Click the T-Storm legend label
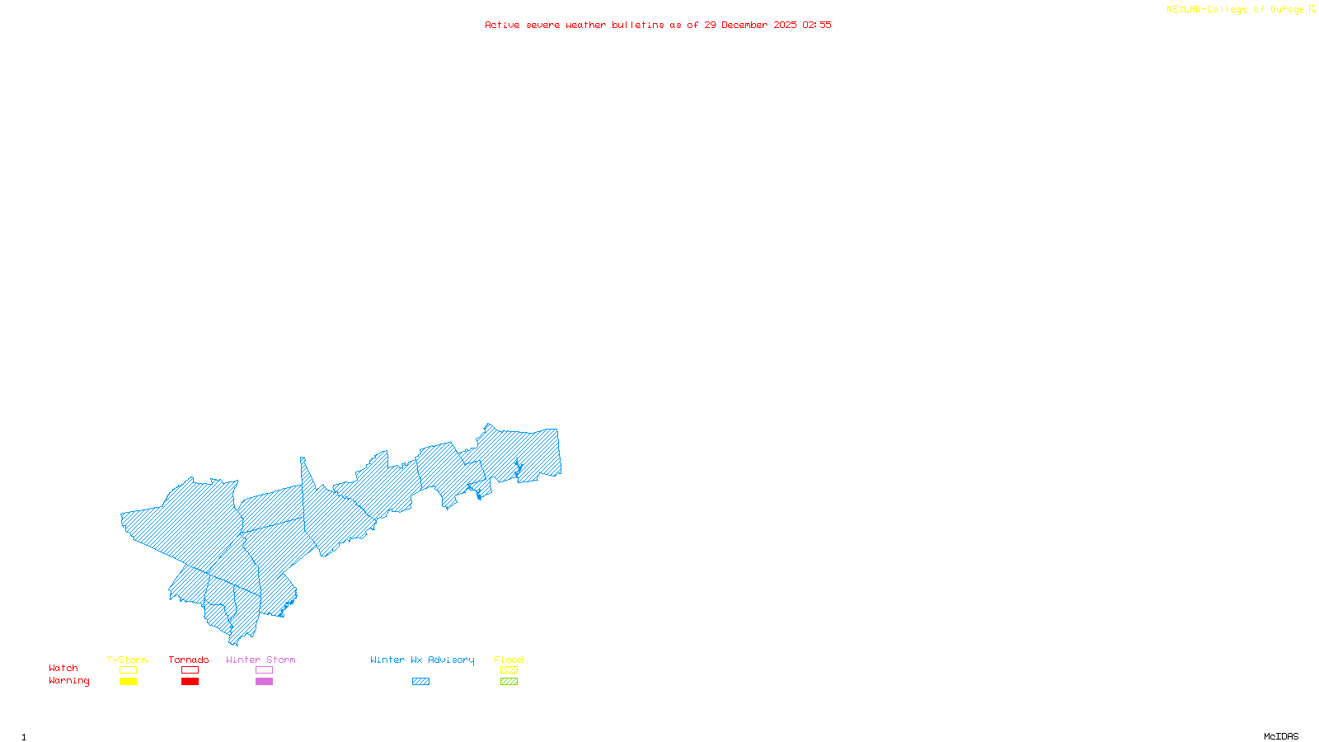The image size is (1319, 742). [127, 660]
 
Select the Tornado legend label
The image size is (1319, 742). [189, 660]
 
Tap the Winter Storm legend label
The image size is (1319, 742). [261, 660]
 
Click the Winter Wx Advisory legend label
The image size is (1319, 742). [422, 660]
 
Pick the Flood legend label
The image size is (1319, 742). [509, 660]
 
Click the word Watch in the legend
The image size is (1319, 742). [63, 668]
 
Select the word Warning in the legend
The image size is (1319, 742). [68, 681]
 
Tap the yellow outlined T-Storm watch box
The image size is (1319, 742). [128, 670]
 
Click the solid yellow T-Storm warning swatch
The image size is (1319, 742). [128, 682]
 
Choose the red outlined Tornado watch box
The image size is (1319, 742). [190, 670]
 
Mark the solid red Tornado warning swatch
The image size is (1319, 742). [190, 682]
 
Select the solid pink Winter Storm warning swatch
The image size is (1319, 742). [264, 682]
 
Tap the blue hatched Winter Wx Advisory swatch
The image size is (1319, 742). [420, 682]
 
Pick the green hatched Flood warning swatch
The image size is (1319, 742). [509, 682]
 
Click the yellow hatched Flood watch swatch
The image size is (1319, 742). [509, 670]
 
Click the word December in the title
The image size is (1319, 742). [744, 25]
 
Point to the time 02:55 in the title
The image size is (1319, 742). [816, 25]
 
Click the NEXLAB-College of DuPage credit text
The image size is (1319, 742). [1235, 10]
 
